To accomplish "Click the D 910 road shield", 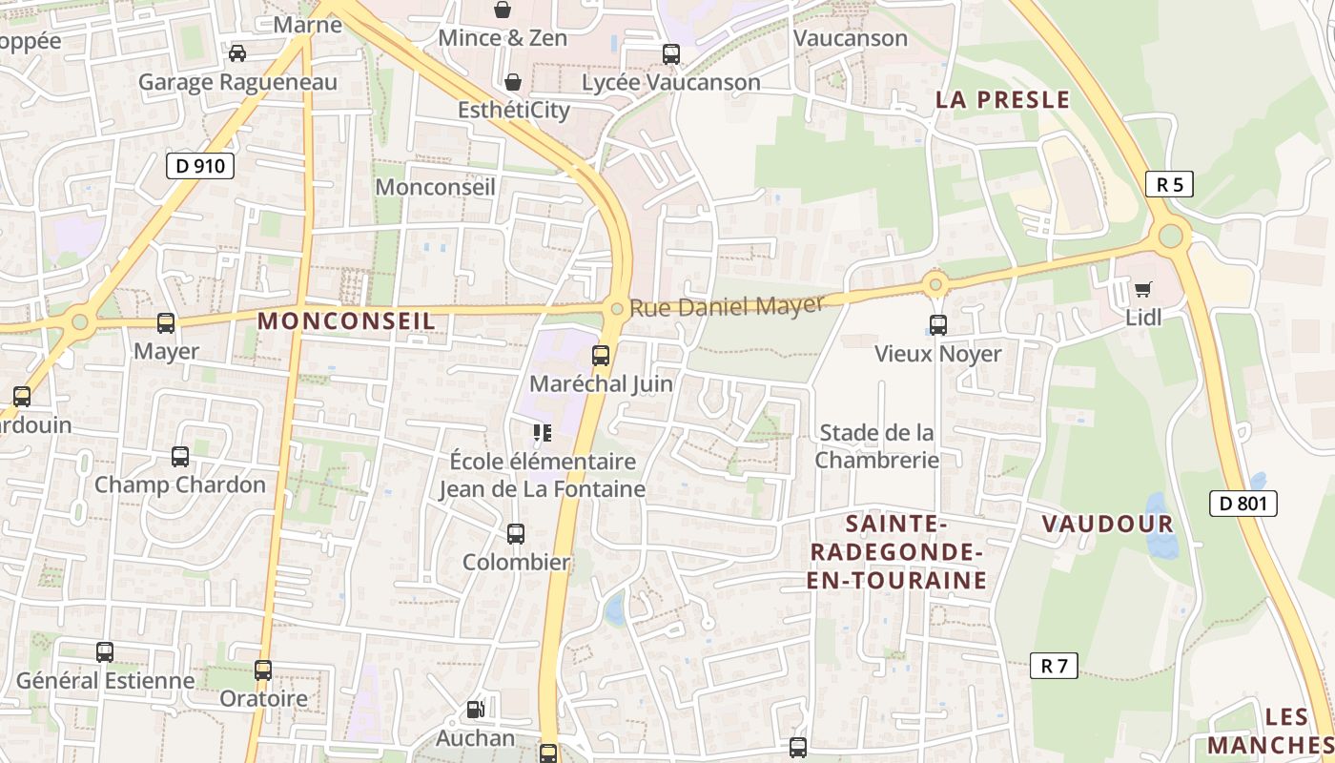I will pyautogui.click(x=200, y=166).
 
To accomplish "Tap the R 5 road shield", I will pyautogui.click(x=1169, y=184).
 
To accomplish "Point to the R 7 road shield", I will pyautogui.click(x=1054, y=666).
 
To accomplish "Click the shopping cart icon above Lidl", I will pyautogui.click(x=1143, y=289).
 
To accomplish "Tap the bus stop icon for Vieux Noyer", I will pyautogui.click(x=938, y=324).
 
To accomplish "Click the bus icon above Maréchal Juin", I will pyautogui.click(x=601, y=356).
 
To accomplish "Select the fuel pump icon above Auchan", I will pyautogui.click(x=475, y=710).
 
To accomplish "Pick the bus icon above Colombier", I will pyautogui.click(x=516, y=534).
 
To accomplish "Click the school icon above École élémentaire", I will pyautogui.click(x=543, y=434).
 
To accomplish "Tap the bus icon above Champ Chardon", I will pyautogui.click(x=180, y=457).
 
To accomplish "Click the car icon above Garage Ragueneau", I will pyautogui.click(x=236, y=53).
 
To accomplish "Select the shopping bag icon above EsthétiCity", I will pyautogui.click(x=513, y=82).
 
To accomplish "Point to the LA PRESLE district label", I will pyautogui.click(x=1002, y=100).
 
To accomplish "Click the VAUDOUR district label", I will pyautogui.click(x=1107, y=524).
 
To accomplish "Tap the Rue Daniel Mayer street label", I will pyautogui.click(x=726, y=307).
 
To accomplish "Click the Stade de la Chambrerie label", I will pyautogui.click(x=877, y=446).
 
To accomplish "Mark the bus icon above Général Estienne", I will pyautogui.click(x=105, y=652).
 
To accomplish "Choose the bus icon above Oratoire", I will pyautogui.click(x=263, y=670).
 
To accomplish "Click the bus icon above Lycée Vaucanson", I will pyautogui.click(x=671, y=54).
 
